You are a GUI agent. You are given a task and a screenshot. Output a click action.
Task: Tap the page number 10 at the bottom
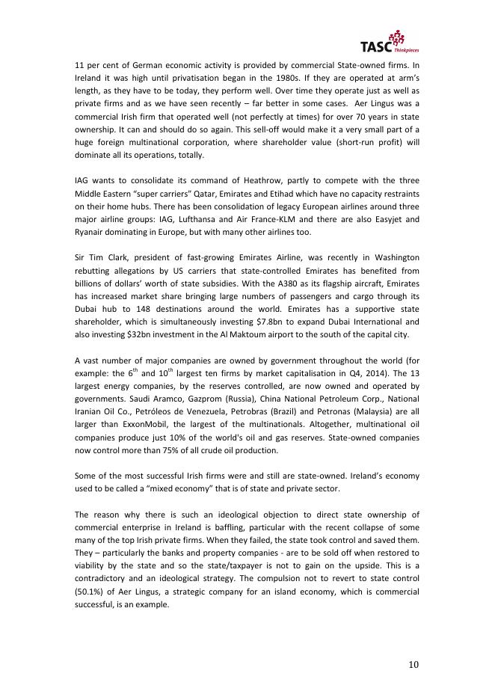[413, 664]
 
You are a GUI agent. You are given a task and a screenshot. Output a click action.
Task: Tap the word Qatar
[214, 194]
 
